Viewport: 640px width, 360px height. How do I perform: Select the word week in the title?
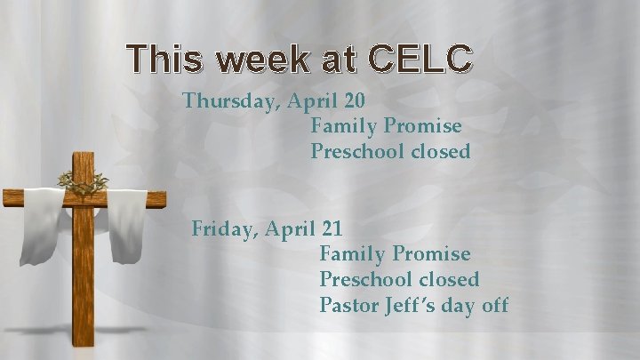click(x=266, y=59)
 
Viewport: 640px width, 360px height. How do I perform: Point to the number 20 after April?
click(x=353, y=100)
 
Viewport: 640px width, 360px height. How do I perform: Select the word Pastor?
click(x=350, y=306)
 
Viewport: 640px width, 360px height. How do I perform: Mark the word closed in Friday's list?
click(x=449, y=280)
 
